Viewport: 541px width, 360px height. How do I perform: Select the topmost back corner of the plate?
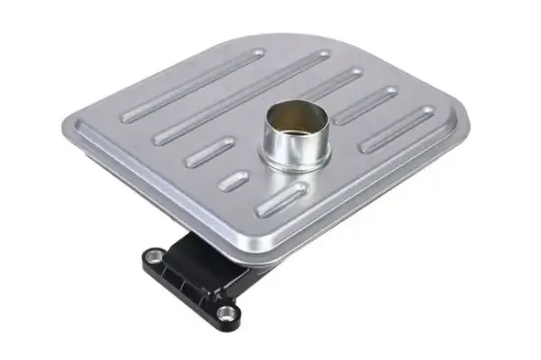tap(241, 35)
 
